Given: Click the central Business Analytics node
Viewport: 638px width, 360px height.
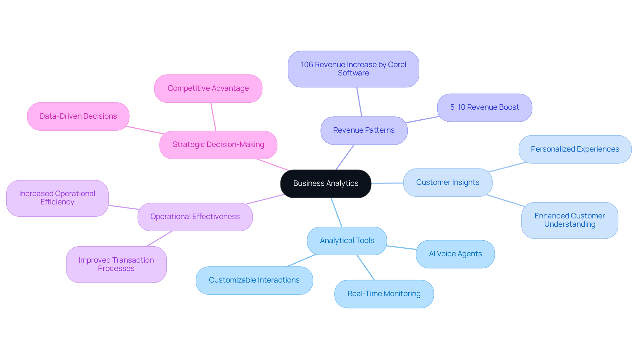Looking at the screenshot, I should coord(326,183).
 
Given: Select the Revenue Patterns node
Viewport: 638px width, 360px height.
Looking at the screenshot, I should coord(364,130).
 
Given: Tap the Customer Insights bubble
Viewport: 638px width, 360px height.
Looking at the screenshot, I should coord(448,182).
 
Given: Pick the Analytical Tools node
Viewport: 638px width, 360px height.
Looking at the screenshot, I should coord(347,241).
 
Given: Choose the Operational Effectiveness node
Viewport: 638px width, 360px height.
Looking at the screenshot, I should coord(195,217).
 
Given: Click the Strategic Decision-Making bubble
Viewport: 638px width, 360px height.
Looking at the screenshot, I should coord(218,145).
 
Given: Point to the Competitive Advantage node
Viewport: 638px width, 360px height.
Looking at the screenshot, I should coord(208,88).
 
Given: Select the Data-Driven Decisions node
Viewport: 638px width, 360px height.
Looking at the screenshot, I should coord(78,116).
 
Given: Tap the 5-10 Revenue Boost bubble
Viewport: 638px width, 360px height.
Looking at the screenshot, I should coord(484,107).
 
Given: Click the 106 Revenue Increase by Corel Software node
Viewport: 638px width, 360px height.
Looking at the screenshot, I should coord(353,69).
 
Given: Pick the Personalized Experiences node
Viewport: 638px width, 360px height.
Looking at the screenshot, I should coord(575,149).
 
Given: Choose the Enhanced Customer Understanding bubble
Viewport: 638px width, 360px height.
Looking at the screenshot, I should coord(570,220).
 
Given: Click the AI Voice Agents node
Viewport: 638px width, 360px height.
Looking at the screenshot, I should coord(455,254).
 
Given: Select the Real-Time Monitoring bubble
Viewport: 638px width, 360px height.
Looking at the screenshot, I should coord(384,294).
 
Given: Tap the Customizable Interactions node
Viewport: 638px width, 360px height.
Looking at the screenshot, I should coord(254,280).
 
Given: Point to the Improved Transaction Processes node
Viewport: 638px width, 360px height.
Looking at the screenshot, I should coord(116,264).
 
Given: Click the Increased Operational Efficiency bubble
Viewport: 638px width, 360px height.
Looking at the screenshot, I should coord(57,198).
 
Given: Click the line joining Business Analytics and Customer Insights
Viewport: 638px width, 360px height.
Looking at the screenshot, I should coord(387,183).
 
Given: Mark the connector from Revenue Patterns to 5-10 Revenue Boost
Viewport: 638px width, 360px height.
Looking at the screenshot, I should coord(422,120).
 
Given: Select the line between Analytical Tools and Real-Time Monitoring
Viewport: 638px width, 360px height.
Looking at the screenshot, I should coord(366,268).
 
